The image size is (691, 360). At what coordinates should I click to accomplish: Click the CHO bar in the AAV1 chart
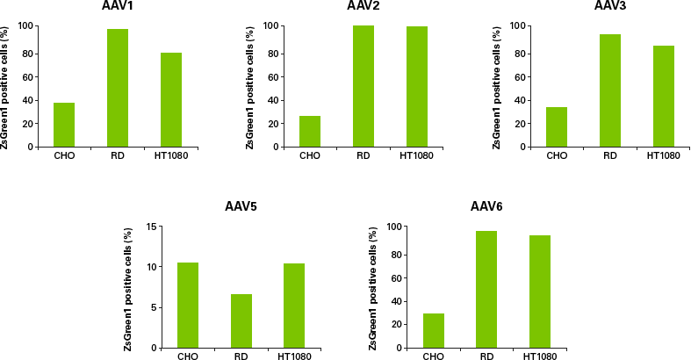click(64, 125)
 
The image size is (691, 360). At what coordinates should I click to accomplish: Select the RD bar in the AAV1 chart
click(118, 88)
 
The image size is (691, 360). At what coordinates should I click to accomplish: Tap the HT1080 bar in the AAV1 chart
click(171, 99)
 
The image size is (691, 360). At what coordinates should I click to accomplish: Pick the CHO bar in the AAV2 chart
click(310, 131)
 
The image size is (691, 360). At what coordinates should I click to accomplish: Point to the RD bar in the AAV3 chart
click(610, 90)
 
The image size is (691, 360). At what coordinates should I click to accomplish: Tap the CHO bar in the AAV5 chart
click(188, 305)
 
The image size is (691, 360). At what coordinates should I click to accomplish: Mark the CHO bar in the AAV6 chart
click(433, 330)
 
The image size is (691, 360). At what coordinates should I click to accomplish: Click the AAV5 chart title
click(241, 208)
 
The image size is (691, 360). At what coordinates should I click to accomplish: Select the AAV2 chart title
click(363, 6)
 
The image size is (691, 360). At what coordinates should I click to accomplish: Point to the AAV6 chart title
click(486, 207)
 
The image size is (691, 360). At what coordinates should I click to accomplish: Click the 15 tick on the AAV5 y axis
click(150, 227)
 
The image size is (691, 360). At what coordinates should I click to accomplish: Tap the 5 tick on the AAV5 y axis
click(153, 307)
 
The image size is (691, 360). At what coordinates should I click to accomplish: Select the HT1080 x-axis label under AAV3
click(664, 156)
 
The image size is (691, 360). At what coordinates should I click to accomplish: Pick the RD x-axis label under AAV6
click(486, 356)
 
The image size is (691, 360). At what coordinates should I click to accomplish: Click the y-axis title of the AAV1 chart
click(6, 86)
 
